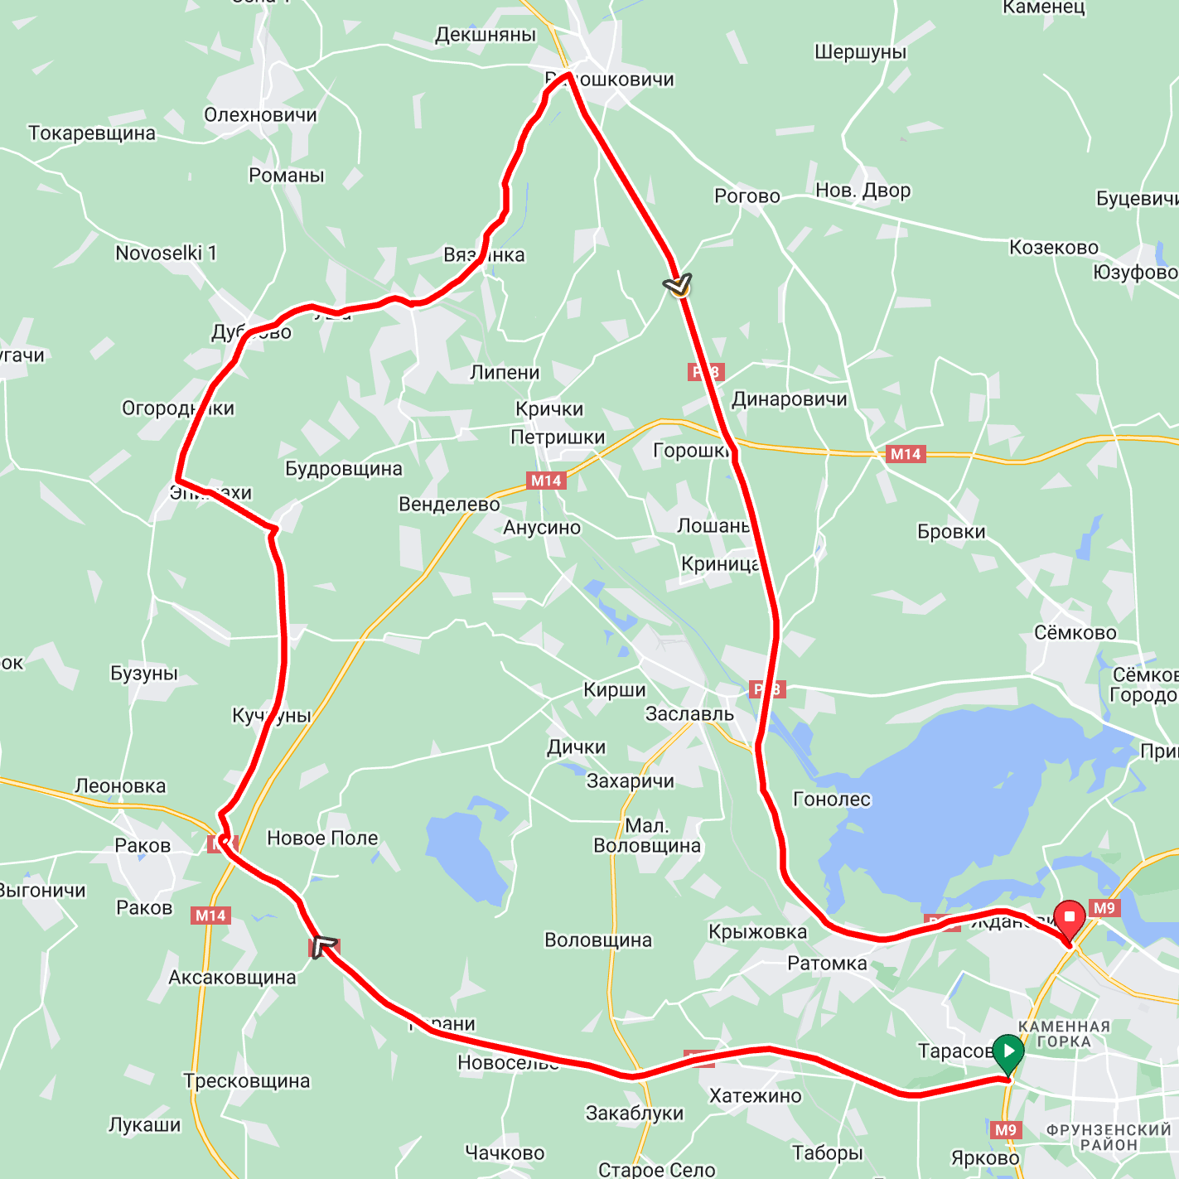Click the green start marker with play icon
pos(1007,1053)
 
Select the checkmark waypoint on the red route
pos(679,286)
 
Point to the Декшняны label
pos(486,35)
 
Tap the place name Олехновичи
pos(260,115)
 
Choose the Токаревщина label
pos(92,133)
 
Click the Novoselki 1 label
pos(166,254)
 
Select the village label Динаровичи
pos(789,399)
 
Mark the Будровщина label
pos(343,469)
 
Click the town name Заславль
pos(689,714)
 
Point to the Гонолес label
pos(832,800)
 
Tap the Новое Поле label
pos(322,838)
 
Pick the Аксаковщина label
pos(232,978)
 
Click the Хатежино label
pos(756,1096)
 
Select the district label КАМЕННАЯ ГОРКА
pos(1064,1034)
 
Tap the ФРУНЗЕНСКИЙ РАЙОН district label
pos(1109,1137)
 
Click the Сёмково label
pos(1075,633)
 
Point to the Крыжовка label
pos(757,932)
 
